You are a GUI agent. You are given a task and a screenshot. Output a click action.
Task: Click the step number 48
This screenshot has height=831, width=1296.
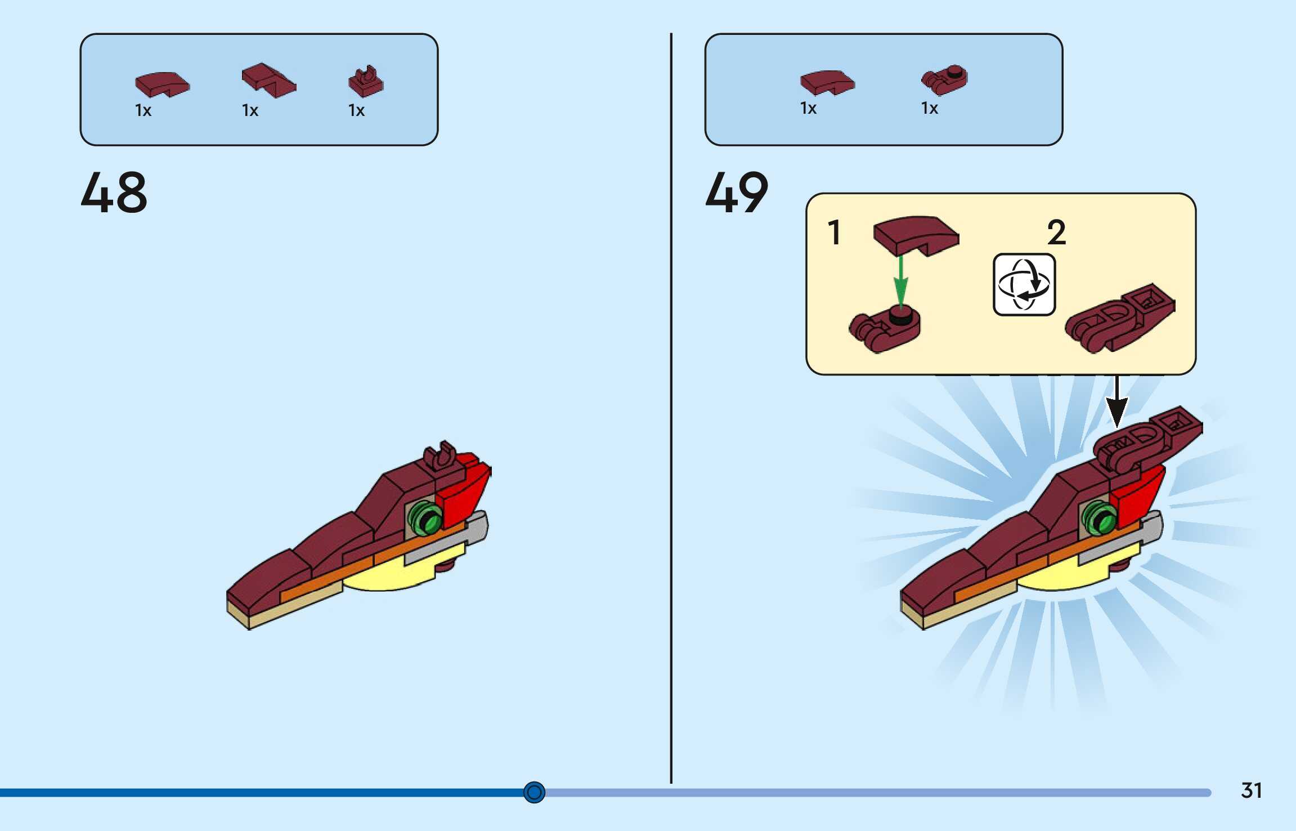[114, 193]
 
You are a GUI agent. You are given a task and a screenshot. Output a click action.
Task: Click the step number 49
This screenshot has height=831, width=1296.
[737, 193]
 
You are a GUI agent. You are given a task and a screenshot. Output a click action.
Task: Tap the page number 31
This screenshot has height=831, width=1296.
[1251, 790]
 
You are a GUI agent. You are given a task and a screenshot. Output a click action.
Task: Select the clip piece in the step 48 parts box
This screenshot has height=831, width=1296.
[366, 82]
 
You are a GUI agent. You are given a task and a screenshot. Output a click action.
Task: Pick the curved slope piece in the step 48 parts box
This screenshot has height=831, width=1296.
[162, 84]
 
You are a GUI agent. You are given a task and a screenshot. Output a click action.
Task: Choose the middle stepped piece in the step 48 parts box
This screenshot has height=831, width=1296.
[268, 81]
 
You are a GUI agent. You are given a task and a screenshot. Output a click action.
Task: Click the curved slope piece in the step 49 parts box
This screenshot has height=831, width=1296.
[827, 82]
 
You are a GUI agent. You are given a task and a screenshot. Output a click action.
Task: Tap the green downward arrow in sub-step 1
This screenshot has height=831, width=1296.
[901, 282]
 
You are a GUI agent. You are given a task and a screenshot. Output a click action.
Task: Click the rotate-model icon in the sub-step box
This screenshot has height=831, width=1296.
[1024, 284]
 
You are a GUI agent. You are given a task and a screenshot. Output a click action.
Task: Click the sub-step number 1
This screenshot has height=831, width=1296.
[835, 233]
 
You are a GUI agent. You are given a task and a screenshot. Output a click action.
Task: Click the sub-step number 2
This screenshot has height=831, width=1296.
[1056, 232]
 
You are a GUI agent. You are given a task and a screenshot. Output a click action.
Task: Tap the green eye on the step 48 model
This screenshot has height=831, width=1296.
[426, 519]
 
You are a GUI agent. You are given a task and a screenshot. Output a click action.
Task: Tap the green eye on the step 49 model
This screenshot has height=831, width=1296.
[1100, 518]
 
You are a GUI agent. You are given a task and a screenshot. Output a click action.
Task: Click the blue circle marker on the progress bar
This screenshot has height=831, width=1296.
[534, 792]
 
